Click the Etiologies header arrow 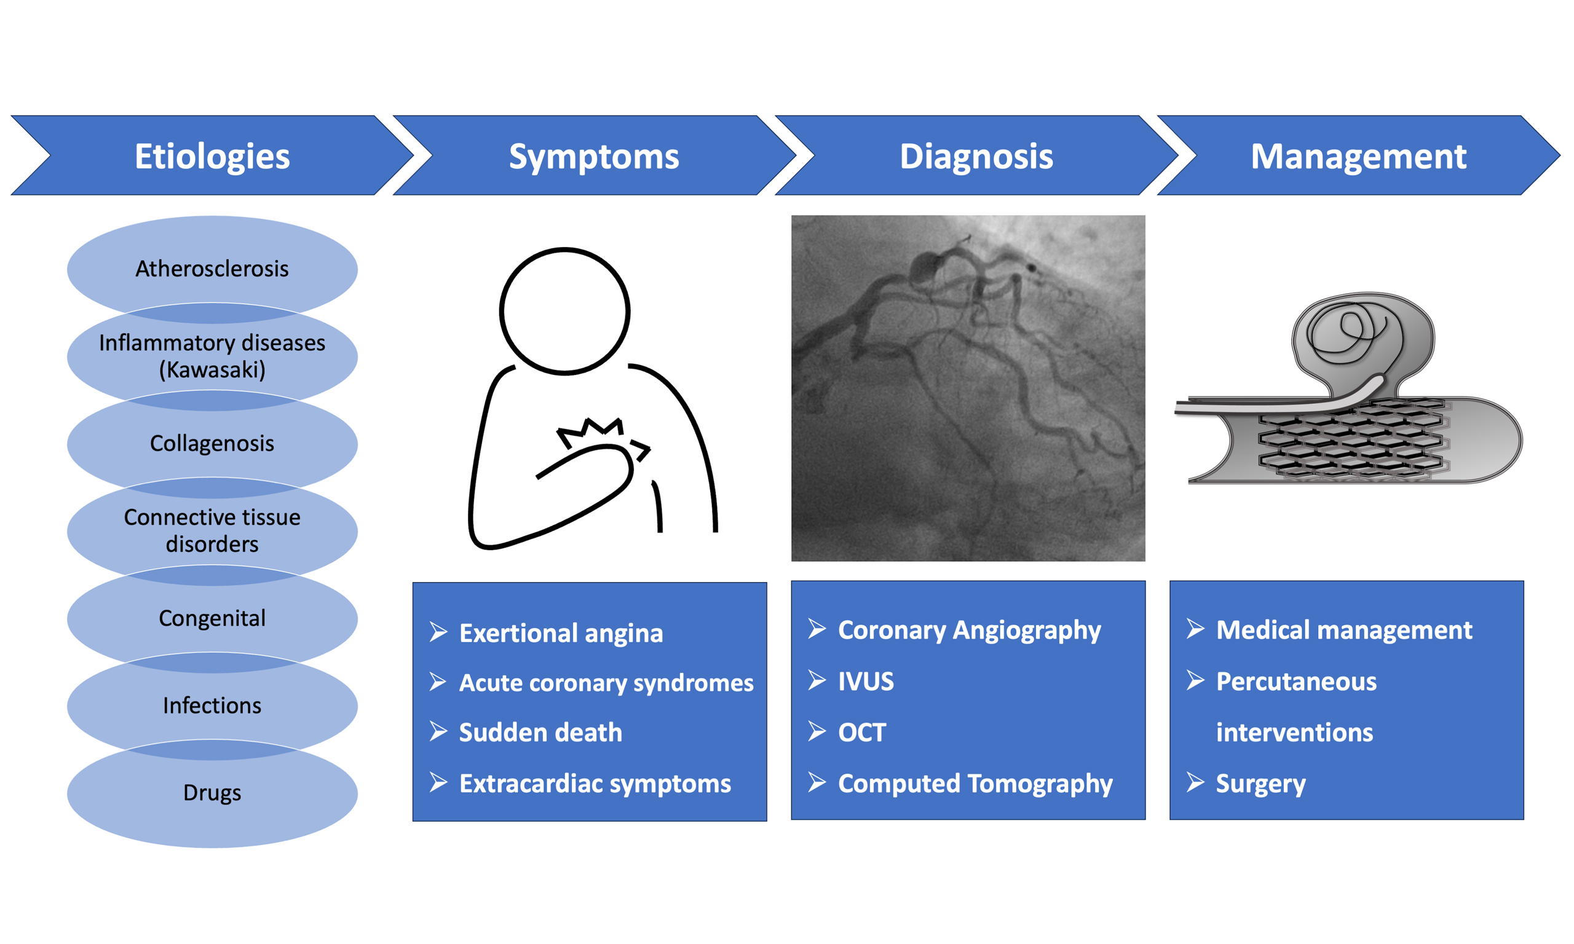(x=213, y=155)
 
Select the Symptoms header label (x=593, y=157)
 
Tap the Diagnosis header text (x=976, y=157)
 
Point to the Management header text (x=1358, y=157)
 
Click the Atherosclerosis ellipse (x=212, y=269)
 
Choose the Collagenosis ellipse (x=212, y=443)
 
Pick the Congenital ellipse (x=212, y=618)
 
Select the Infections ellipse (x=212, y=706)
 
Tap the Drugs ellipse (x=212, y=793)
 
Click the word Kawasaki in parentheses (x=212, y=369)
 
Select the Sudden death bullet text (x=540, y=733)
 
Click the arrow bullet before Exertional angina (x=438, y=632)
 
